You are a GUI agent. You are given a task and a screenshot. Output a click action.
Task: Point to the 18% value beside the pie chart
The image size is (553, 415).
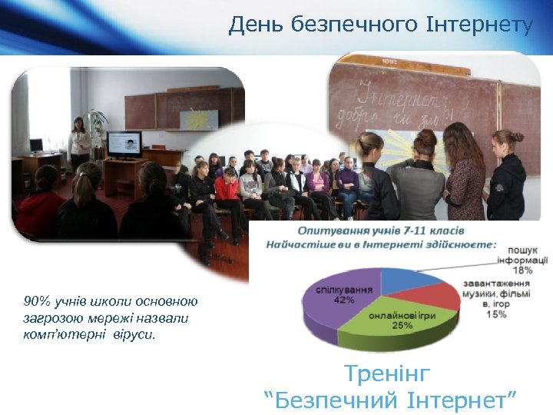[523, 270]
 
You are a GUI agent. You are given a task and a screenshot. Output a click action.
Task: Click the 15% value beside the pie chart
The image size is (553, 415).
[495, 314]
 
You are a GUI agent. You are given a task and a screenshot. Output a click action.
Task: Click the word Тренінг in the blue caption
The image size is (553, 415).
[387, 374]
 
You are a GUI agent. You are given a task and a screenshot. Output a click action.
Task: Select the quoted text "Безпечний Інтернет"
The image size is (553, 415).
[389, 400]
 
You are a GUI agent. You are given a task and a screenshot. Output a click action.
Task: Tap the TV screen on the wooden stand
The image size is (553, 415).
[124, 144]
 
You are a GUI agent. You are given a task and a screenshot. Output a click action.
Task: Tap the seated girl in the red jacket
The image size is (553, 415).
[226, 188]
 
